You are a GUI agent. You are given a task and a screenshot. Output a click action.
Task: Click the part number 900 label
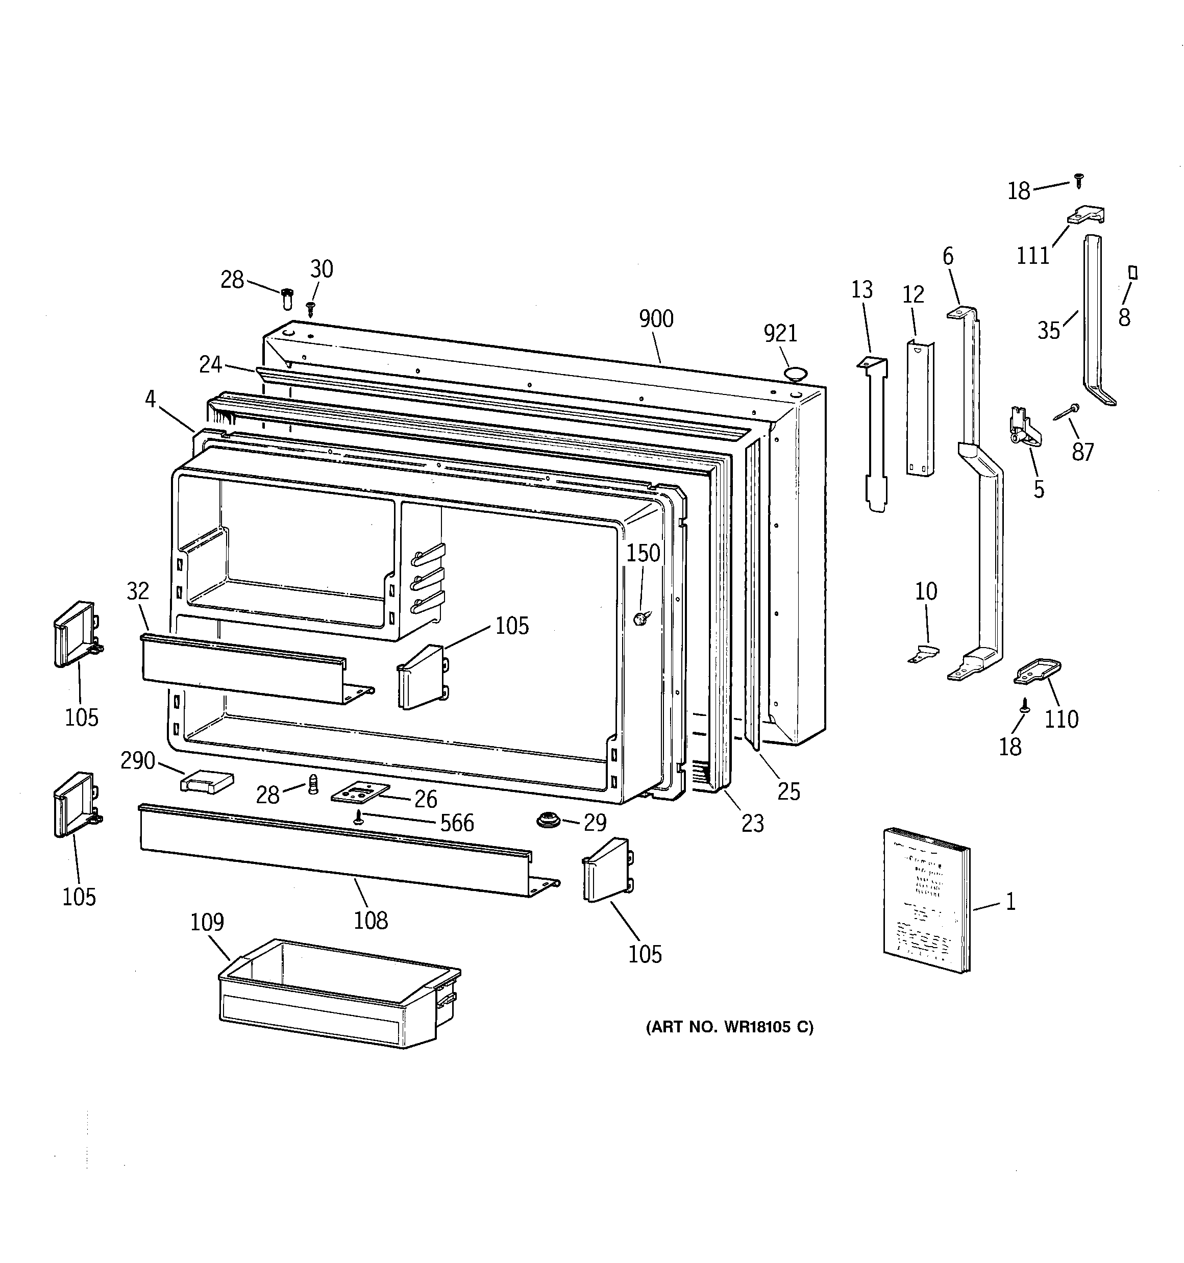click(656, 319)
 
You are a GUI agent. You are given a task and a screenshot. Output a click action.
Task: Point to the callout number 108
click(371, 920)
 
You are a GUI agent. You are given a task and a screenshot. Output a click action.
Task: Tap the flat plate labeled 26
click(360, 793)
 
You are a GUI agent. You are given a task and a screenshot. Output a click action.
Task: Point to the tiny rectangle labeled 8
click(1132, 273)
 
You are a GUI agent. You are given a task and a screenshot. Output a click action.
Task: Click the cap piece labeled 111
click(1087, 215)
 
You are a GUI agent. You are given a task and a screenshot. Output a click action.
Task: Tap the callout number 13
click(862, 290)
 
